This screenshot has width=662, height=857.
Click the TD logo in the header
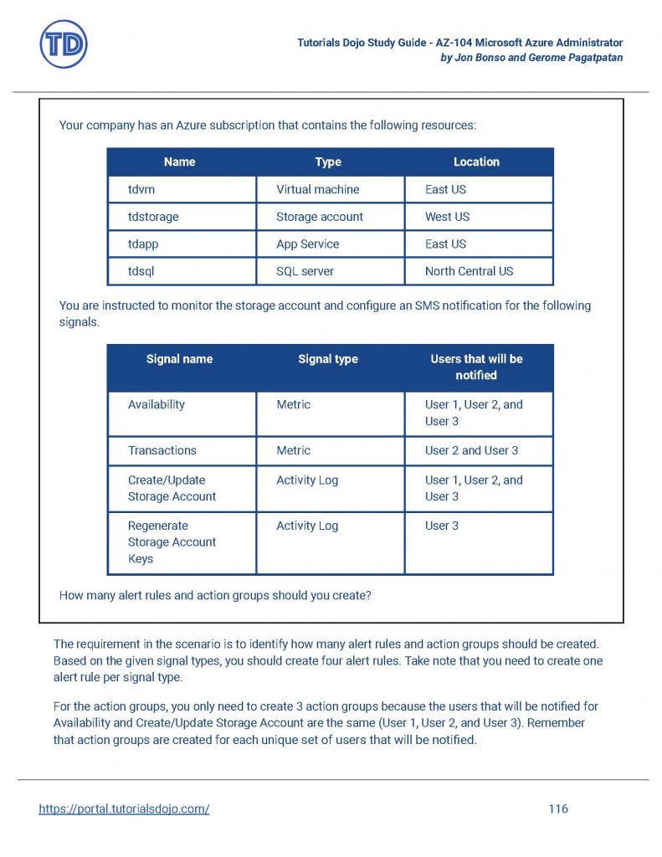coord(64,44)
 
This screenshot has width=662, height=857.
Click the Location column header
coord(476,162)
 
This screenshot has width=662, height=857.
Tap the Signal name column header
coord(179,359)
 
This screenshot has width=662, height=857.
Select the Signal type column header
coord(328,359)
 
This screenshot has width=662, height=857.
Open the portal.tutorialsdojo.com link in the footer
coord(124,808)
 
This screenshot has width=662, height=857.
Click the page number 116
coord(558,808)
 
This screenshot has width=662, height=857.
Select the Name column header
coord(179,162)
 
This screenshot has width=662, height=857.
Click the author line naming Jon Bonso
coord(531,58)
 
